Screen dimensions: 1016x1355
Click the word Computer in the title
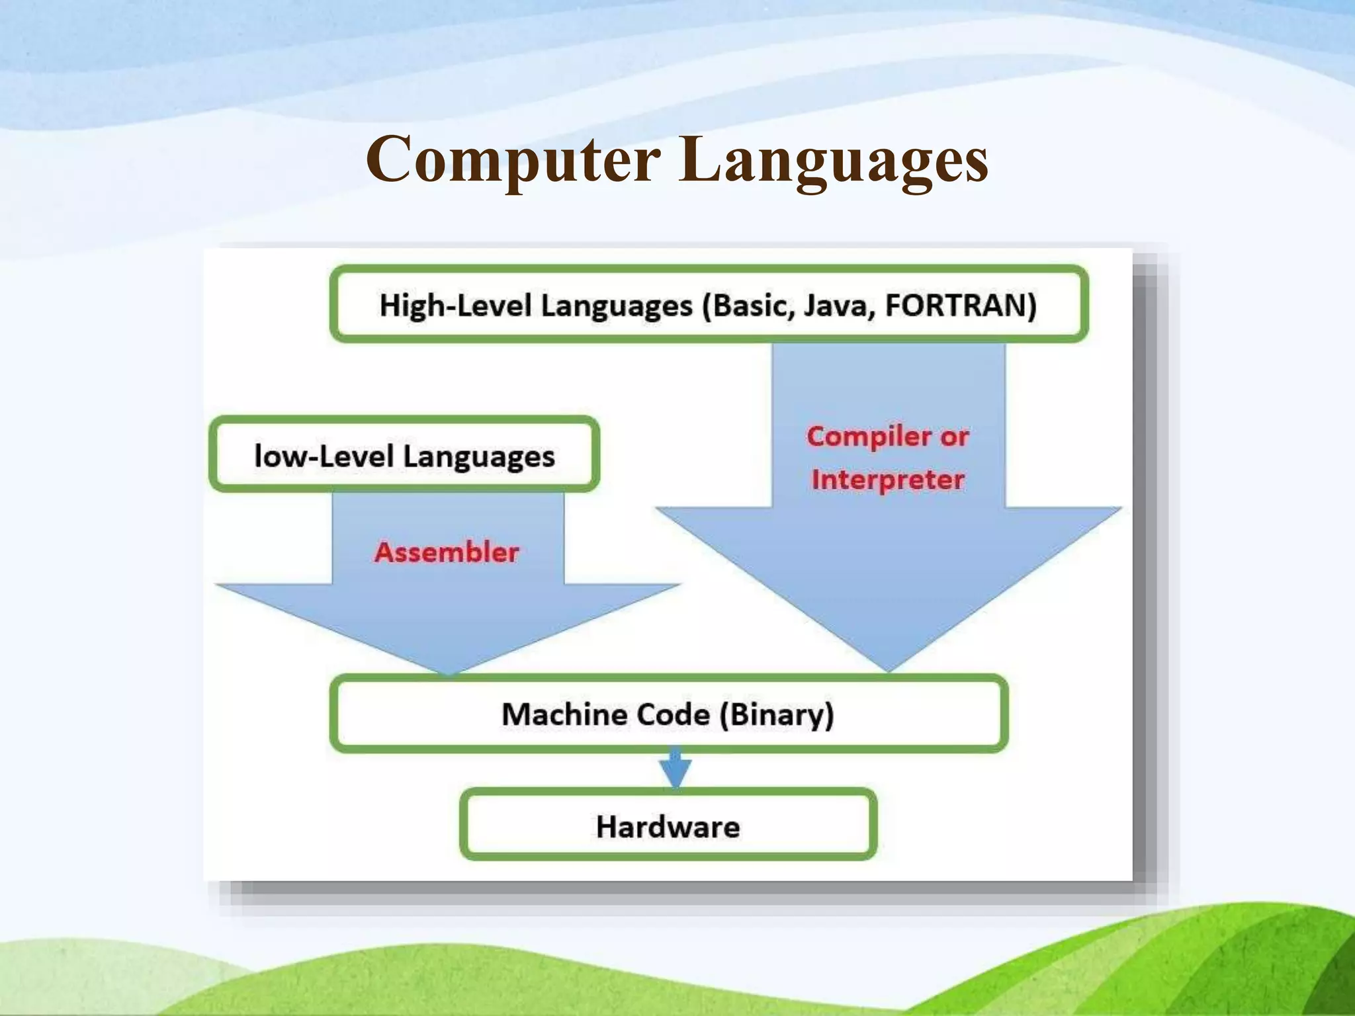(x=513, y=160)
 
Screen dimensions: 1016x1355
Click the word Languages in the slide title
(x=833, y=160)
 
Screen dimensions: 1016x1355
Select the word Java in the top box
(x=839, y=306)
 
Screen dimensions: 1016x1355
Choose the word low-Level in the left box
(x=323, y=456)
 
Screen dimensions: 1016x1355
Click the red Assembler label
(x=447, y=552)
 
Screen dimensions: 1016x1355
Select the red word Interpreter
(x=888, y=480)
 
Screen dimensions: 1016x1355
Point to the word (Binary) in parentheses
(x=777, y=714)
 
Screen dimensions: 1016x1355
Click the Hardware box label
(x=668, y=827)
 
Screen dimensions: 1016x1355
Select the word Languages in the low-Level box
(x=479, y=456)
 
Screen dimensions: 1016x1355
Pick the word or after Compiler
(x=955, y=437)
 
